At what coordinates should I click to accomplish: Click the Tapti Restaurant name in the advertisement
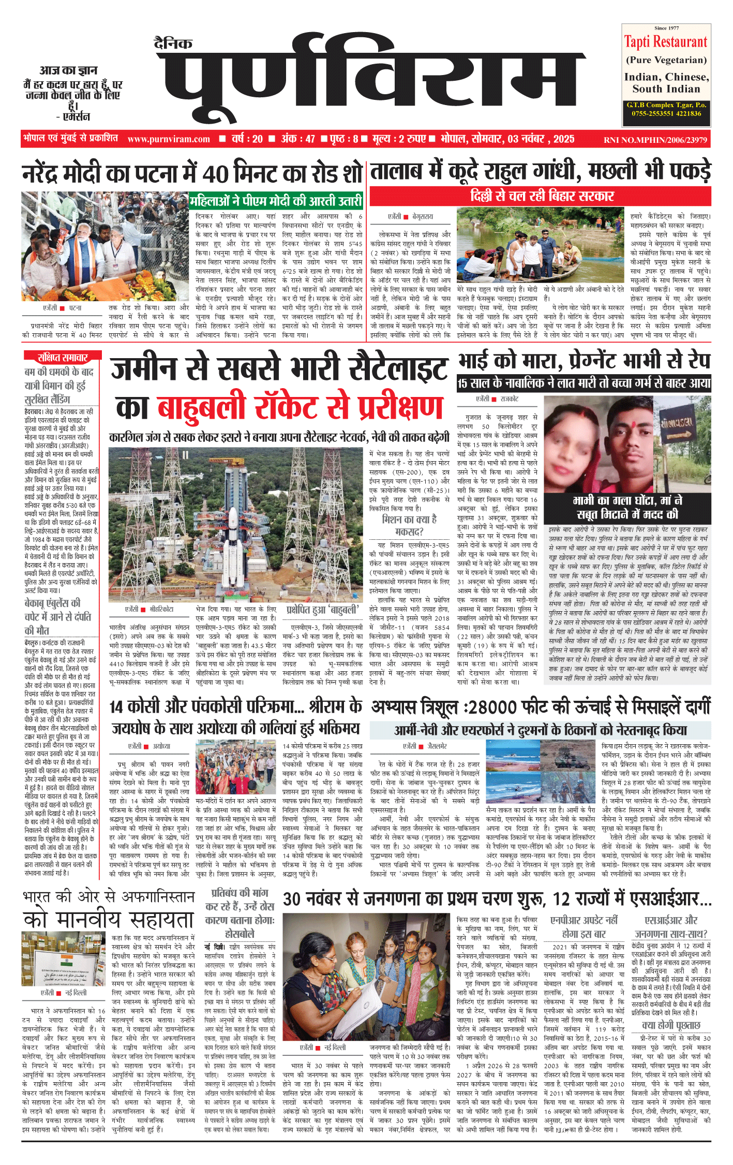pos(665,42)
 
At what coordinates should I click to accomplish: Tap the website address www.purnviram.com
pos(169,139)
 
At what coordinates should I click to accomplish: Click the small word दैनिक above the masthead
pos(173,44)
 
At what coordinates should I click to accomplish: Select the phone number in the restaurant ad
pos(666,114)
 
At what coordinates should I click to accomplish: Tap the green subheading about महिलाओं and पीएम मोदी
pos(276,201)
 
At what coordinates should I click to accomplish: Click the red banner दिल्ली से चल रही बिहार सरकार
pos(542,196)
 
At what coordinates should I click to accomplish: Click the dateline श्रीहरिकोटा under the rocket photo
pos(161,610)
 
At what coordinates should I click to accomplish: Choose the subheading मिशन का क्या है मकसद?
pos(409,525)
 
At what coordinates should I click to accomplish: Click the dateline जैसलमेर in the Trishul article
pos(437,746)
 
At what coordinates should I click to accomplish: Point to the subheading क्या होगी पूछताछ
pos(671,1025)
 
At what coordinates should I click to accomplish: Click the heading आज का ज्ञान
pos(68,70)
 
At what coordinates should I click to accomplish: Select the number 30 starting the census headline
pos(292,899)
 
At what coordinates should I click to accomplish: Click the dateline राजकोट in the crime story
pos(509,399)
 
